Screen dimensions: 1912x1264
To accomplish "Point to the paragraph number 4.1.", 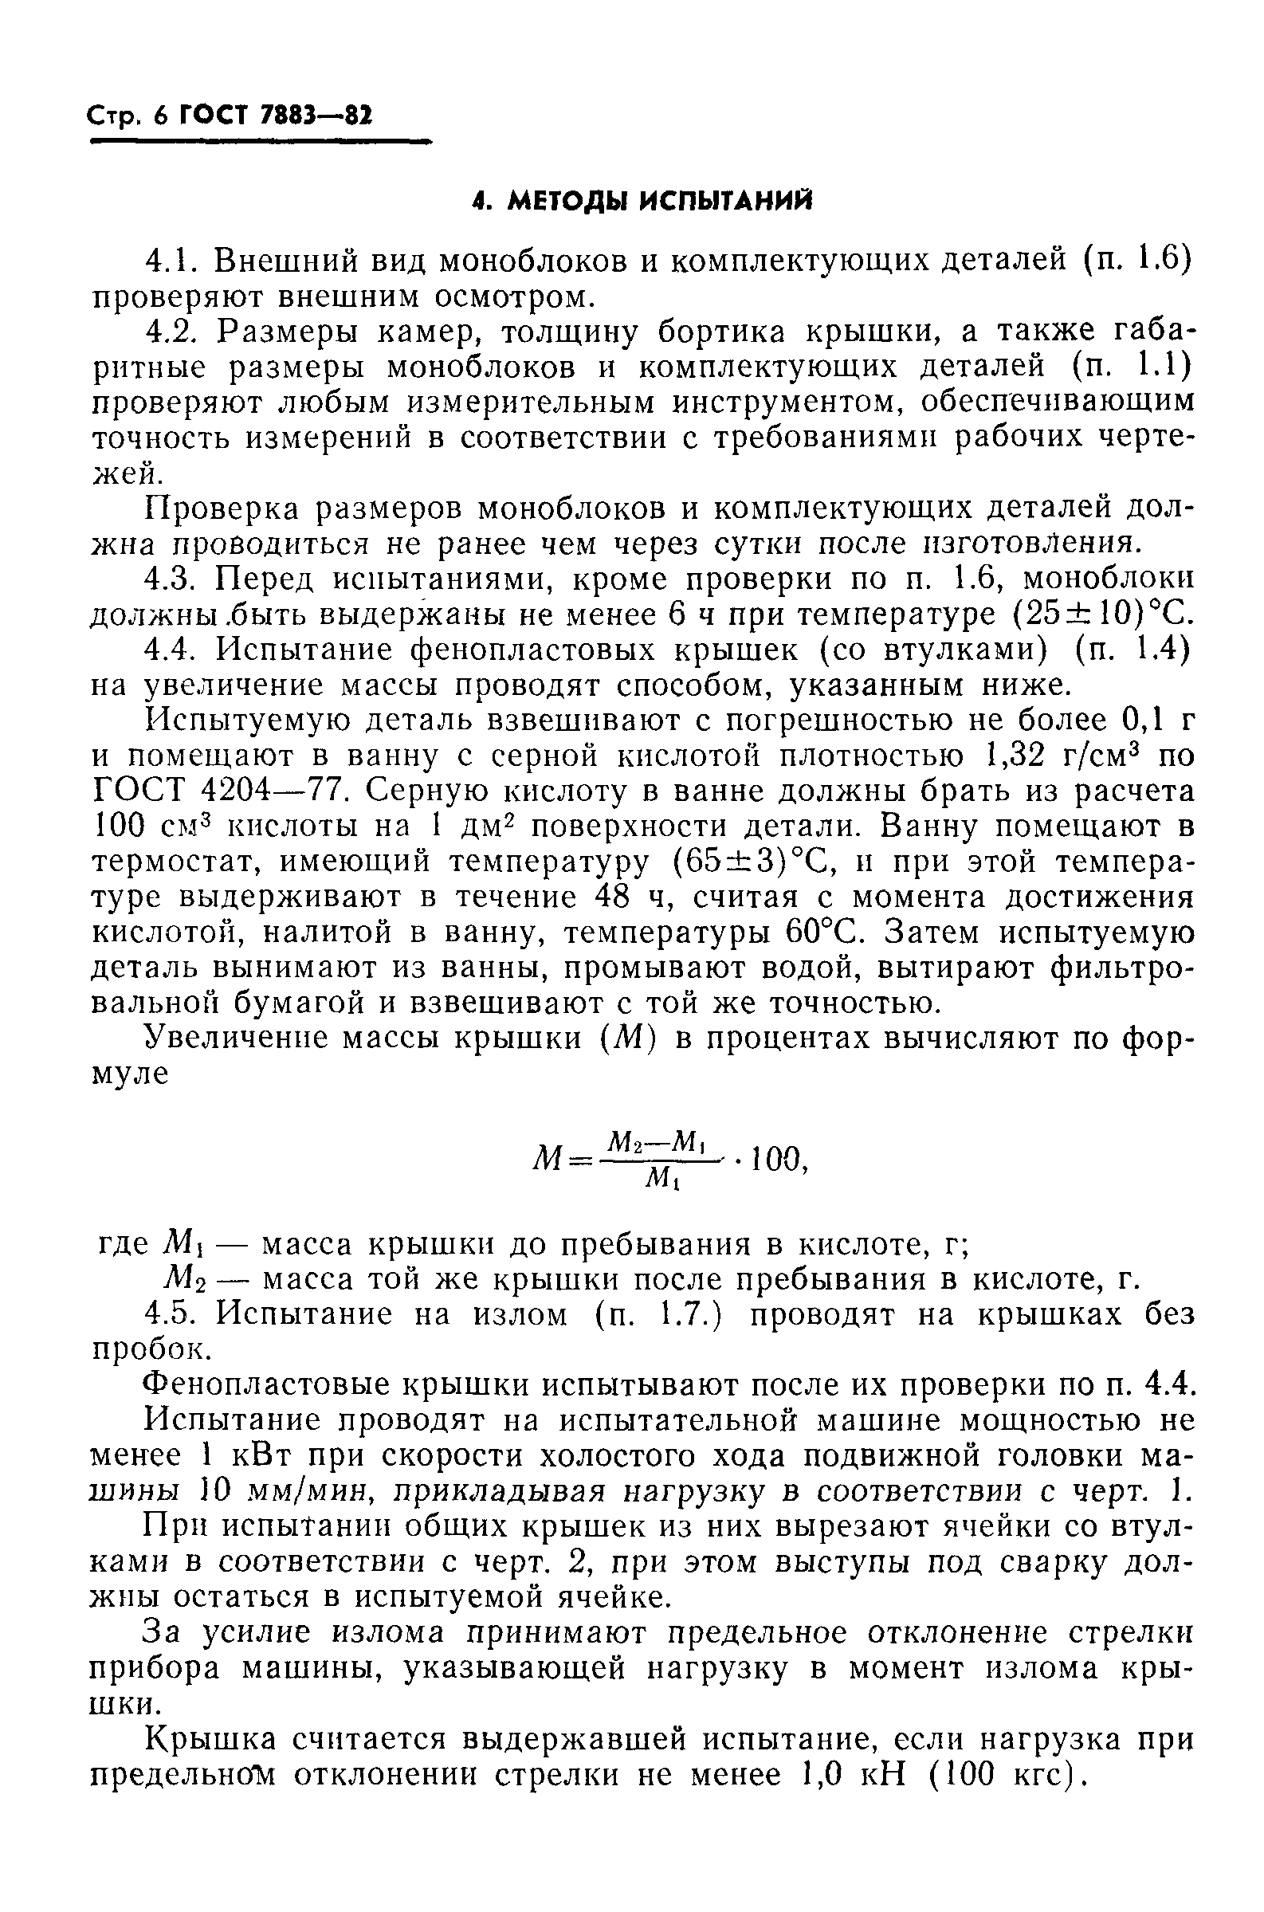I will (171, 261).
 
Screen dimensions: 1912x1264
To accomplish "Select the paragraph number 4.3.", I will (171, 579).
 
